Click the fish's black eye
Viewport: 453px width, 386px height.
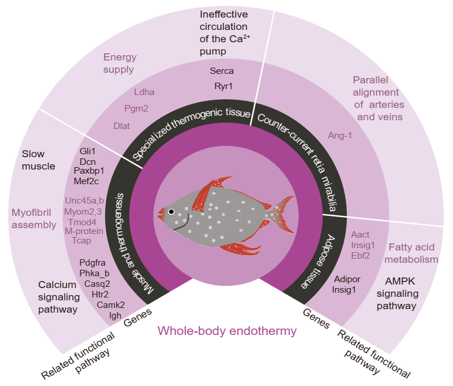[x=171, y=211]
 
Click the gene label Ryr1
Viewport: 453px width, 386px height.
[x=223, y=86]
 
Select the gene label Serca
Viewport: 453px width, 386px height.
[x=222, y=71]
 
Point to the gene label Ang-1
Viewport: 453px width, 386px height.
[x=339, y=136]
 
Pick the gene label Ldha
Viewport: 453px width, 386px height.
[x=144, y=92]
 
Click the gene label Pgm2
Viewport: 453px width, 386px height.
[x=136, y=109]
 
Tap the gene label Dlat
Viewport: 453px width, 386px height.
[x=121, y=126]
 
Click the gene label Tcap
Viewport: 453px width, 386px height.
[x=82, y=241]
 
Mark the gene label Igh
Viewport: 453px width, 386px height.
[x=116, y=316]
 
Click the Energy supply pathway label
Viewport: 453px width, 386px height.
[x=120, y=63]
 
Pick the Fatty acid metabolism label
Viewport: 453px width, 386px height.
[x=414, y=253]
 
